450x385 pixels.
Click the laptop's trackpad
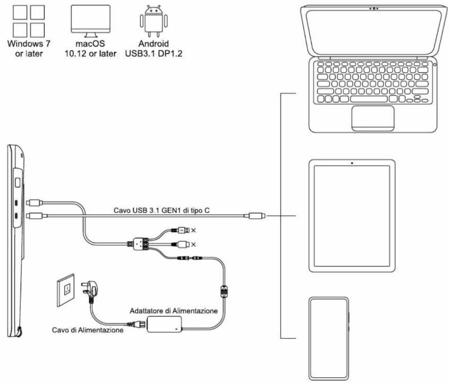(373, 118)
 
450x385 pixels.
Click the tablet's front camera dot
(352, 162)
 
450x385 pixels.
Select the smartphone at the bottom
(328, 338)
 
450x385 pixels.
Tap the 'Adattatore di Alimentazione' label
(176, 310)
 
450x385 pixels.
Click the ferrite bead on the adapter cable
(224, 291)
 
